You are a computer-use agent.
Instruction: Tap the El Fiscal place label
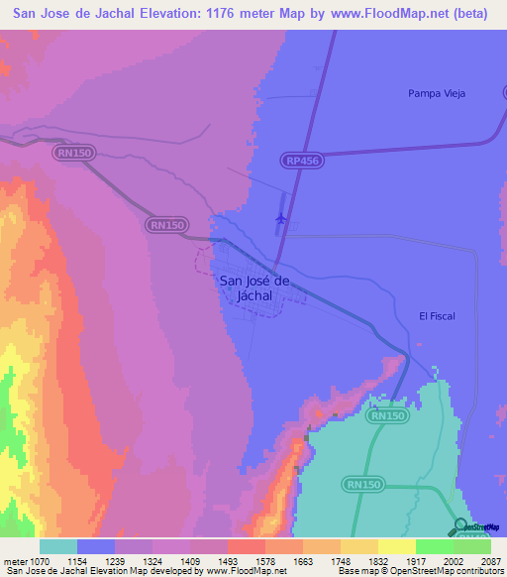[x=436, y=315]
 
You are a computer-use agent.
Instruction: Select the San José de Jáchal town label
[x=253, y=288]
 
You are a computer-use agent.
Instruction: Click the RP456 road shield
[x=302, y=160]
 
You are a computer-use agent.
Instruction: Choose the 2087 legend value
[x=490, y=561]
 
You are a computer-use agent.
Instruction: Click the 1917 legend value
[x=415, y=561]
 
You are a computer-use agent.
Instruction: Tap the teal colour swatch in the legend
[x=58, y=546]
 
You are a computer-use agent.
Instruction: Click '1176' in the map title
[x=241, y=15]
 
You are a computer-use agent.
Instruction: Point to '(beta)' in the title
[x=467, y=15]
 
